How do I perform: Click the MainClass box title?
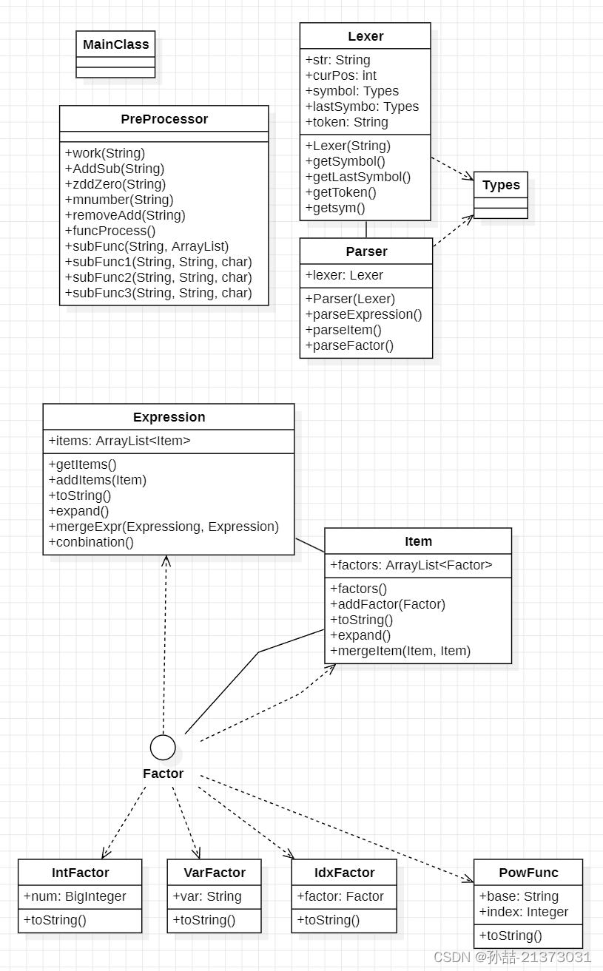point(116,44)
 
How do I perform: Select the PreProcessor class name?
point(164,119)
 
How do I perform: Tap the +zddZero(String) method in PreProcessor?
point(115,184)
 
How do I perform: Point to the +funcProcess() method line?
point(110,231)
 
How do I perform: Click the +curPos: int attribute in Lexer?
point(341,75)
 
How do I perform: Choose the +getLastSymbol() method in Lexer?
point(358,177)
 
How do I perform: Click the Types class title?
point(501,185)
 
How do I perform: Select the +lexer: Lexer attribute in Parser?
point(344,275)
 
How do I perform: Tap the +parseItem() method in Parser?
point(343,330)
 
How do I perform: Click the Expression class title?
point(169,417)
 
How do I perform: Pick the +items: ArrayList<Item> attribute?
point(119,441)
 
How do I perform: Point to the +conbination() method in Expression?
point(91,542)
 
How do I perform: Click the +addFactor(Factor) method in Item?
point(388,604)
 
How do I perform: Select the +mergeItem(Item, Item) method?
point(400,651)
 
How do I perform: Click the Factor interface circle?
point(163,748)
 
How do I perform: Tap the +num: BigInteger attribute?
point(75,896)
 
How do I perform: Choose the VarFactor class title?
point(215,873)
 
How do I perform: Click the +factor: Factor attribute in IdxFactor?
point(340,896)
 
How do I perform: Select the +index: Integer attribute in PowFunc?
point(524,912)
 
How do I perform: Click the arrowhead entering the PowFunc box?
point(468,879)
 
